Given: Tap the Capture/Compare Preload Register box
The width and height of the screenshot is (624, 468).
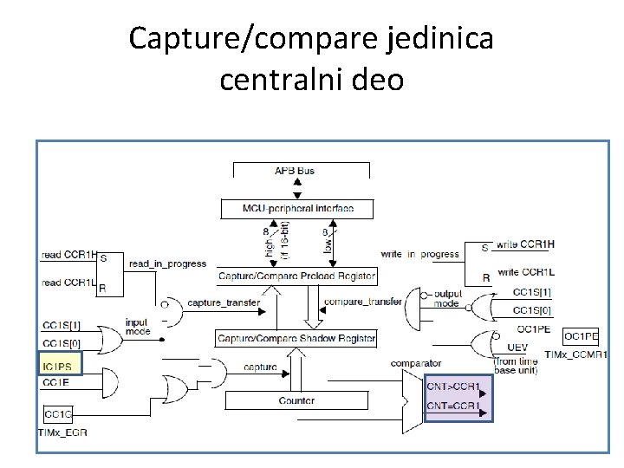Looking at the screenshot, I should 297,276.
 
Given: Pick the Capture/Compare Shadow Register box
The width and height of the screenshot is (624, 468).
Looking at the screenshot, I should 296,338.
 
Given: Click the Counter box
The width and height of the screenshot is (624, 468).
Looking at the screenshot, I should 296,400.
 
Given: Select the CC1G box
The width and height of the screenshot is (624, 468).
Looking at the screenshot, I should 59,414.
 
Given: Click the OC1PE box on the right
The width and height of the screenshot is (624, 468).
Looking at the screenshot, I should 581,336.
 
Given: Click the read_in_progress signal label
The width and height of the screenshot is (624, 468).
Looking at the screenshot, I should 167,263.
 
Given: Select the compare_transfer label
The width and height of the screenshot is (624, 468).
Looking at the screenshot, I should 362,302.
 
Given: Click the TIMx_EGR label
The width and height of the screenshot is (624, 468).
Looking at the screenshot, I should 62,432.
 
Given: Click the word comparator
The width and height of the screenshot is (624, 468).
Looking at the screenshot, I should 416,363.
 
